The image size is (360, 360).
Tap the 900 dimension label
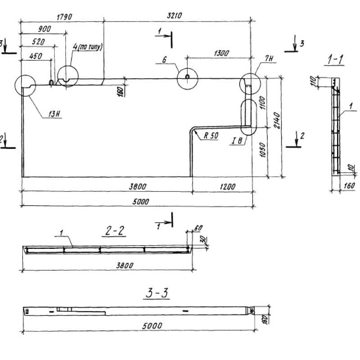pos(44,29)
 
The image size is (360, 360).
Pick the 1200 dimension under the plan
pos(221,186)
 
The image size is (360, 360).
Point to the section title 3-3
pos(156,294)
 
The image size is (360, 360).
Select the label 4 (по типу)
pos(88,46)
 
